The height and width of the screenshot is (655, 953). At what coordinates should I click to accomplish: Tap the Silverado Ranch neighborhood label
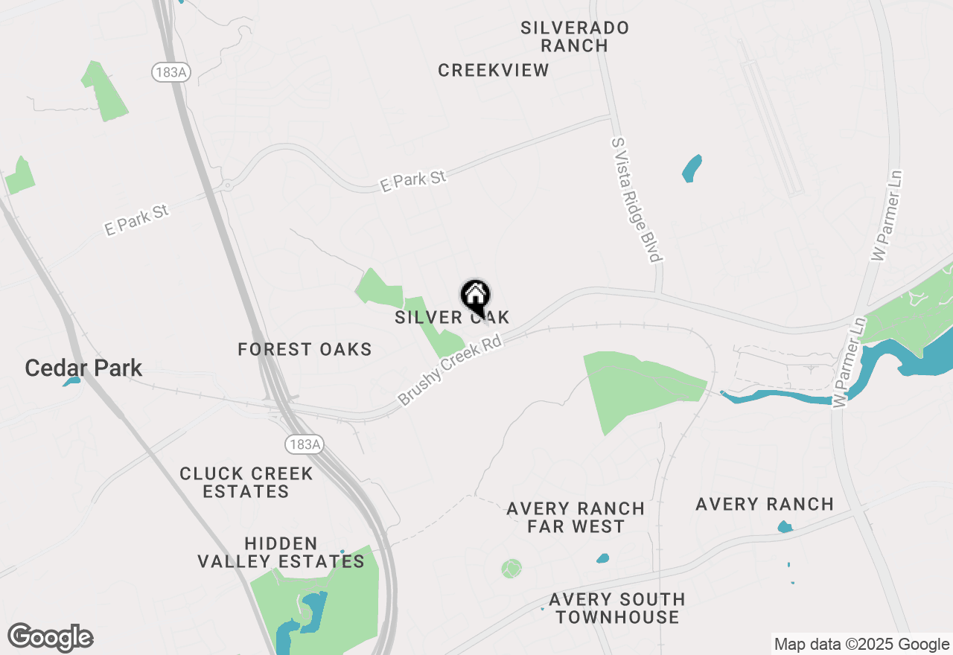(x=574, y=36)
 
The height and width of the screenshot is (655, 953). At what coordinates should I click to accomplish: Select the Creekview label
(x=493, y=71)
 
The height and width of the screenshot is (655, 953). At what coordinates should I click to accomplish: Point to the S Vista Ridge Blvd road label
(x=636, y=199)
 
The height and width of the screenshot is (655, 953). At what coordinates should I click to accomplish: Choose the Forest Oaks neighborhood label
(x=305, y=349)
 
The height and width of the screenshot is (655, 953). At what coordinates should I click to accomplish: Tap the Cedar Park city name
(x=83, y=368)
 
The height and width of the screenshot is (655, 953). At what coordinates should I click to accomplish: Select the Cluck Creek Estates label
(x=246, y=482)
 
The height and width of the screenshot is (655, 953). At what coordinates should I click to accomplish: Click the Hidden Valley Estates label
(x=281, y=552)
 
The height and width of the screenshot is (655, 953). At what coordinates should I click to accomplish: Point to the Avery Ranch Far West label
(x=576, y=517)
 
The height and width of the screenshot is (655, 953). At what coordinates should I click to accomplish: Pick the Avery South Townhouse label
(x=617, y=608)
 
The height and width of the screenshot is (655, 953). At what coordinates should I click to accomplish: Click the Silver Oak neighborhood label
(x=452, y=318)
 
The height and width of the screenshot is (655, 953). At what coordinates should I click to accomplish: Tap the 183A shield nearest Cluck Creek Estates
(x=305, y=444)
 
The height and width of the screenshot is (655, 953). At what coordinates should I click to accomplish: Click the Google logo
(x=50, y=638)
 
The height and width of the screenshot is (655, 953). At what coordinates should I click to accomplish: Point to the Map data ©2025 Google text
(x=861, y=645)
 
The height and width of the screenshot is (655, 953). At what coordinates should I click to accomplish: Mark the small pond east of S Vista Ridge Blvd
(x=692, y=168)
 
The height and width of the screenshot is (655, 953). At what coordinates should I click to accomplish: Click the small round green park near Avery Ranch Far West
(x=511, y=569)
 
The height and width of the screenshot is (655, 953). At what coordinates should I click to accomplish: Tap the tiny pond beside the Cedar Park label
(x=71, y=382)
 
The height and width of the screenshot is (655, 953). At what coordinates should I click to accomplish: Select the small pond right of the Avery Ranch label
(x=785, y=527)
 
